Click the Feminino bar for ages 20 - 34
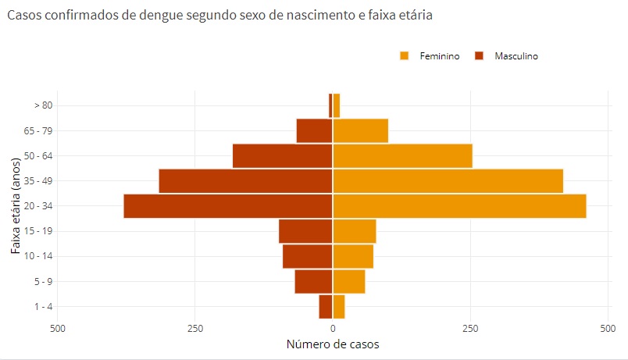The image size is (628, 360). (459, 206)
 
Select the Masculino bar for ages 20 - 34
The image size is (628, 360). (228, 206)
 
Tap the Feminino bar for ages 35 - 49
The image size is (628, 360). (448, 181)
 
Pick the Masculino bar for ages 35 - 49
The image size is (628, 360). (246, 181)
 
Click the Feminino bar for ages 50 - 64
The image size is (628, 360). (402, 155)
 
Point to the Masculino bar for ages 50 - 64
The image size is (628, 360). (283, 155)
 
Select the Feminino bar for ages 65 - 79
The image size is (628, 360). (360, 131)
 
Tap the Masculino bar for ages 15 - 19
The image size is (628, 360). (306, 231)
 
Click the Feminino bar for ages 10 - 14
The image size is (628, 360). (353, 256)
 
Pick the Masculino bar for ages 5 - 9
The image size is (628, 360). (314, 281)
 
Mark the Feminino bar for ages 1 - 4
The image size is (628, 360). (339, 307)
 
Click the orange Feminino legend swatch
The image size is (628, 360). (404, 56)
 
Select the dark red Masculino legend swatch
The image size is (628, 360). (479, 56)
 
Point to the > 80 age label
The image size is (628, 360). (43, 105)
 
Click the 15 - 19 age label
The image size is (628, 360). (38, 231)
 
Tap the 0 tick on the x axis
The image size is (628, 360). (333, 329)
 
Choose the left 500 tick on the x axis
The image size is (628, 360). (58, 329)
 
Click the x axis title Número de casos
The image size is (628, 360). (333, 344)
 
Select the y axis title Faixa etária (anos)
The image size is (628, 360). (16, 206)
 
